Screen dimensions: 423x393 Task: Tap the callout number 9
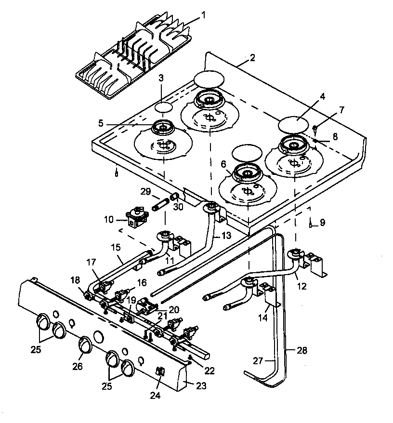[322, 223]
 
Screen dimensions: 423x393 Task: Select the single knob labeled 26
[85, 344]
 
